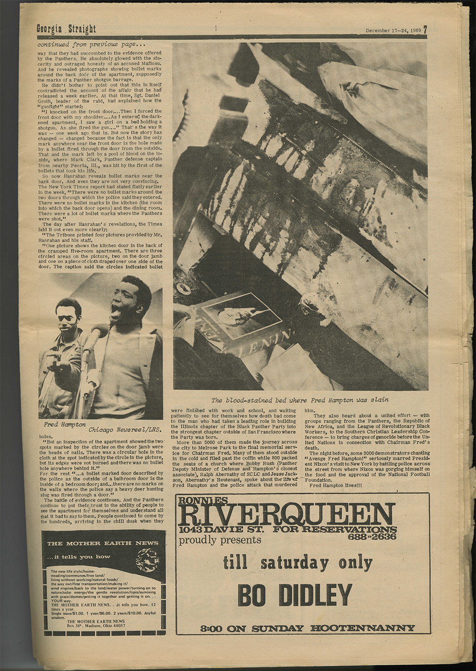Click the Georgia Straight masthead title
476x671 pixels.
click(x=66, y=29)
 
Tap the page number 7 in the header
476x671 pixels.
click(x=425, y=30)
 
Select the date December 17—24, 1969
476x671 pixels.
click(x=393, y=30)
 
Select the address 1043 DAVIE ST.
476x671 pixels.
click(x=221, y=530)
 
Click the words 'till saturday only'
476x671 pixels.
click(x=297, y=563)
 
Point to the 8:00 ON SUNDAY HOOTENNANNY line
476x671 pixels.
click(x=307, y=628)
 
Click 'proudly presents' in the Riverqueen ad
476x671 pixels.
click(x=220, y=540)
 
